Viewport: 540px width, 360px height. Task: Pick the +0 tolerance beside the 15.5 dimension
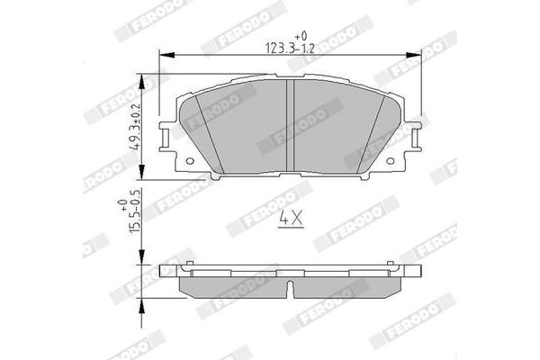coord(123,205)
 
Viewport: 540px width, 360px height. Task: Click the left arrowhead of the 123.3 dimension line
coord(165,57)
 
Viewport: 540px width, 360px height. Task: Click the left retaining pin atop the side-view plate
coord(190,266)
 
